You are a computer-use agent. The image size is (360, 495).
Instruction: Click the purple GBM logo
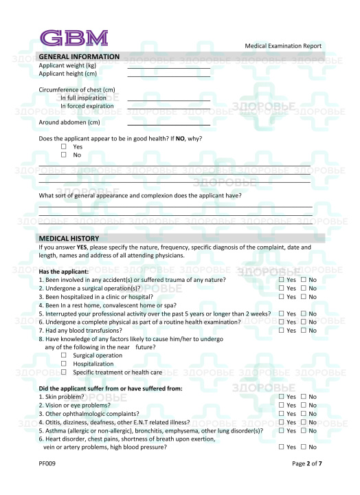(x=74, y=37)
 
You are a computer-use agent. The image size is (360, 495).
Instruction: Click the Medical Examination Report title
(x=283, y=46)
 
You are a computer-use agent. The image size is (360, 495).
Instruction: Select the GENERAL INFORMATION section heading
(x=79, y=56)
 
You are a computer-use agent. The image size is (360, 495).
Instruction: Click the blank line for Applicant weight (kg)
(x=168, y=67)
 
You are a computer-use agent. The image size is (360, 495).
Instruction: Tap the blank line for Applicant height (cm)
(x=168, y=75)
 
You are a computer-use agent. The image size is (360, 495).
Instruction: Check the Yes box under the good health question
(x=64, y=147)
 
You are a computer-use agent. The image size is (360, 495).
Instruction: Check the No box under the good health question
(x=64, y=155)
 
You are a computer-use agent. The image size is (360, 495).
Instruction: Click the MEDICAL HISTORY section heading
(x=69, y=238)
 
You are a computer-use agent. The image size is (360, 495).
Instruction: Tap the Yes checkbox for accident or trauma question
(x=282, y=280)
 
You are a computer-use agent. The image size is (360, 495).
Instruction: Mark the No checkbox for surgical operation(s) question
(x=304, y=289)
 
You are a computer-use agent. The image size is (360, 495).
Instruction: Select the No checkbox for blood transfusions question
(x=304, y=331)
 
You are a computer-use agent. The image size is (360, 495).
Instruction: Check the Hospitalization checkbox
(x=64, y=364)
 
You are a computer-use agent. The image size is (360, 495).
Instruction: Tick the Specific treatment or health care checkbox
(x=64, y=372)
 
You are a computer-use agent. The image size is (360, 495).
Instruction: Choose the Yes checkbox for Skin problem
(x=282, y=397)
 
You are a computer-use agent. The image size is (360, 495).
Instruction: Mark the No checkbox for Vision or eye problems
(x=304, y=406)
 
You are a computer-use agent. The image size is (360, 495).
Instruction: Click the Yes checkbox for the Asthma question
(x=282, y=430)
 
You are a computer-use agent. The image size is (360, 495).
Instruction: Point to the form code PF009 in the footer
(x=47, y=464)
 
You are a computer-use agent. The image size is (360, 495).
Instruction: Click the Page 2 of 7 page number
(x=306, y=464)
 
